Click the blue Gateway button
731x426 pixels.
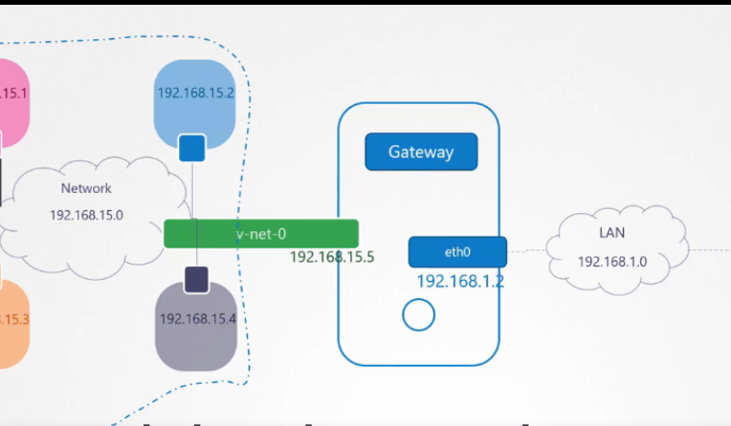point(421,152)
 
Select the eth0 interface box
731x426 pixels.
point(457,252)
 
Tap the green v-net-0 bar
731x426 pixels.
point(260,233)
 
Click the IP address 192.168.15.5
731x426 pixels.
point(331,257)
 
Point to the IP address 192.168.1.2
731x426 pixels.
point(459,282)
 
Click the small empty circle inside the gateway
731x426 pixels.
point(419,314)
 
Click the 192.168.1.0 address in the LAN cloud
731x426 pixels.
point(612,261)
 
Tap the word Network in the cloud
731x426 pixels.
point(86,188)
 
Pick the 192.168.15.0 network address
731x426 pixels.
point(86,215)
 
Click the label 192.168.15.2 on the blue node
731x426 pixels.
point(195,93)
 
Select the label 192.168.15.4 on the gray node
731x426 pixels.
point(197,319)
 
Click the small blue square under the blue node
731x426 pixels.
point(192,148)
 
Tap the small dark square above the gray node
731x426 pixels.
point(196,279)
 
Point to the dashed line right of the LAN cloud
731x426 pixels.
point(703,250)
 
